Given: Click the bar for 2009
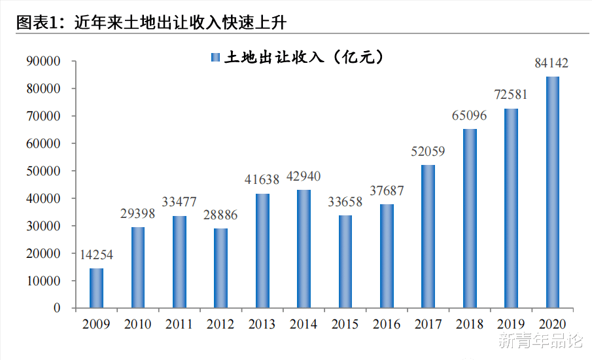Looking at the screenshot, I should pos(96,288).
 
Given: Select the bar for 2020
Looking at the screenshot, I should pos(553,192).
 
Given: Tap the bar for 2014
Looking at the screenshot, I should pos(304,249).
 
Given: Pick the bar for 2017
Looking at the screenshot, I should pos(428,236).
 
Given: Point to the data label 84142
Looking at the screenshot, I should pos(551,63).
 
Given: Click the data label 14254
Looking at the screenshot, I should pos(96,255).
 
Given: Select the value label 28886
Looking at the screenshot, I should pos(220,215).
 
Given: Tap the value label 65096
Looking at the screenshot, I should pos(469,116).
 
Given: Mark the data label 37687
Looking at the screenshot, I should pos(387,191).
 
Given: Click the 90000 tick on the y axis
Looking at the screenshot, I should pos(43,62).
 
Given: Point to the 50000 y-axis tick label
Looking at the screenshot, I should pos(43,171).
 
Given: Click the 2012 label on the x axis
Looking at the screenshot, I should pos(220,324).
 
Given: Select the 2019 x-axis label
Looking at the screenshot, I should pos(511,324).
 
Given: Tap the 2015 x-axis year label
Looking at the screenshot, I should pos(345,324).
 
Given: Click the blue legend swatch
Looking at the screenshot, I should pos(215,58).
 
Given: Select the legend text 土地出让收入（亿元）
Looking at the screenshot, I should pos(304,58).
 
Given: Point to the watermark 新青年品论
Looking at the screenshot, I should pos(540,341).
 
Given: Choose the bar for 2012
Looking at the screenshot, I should pos(220,268).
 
